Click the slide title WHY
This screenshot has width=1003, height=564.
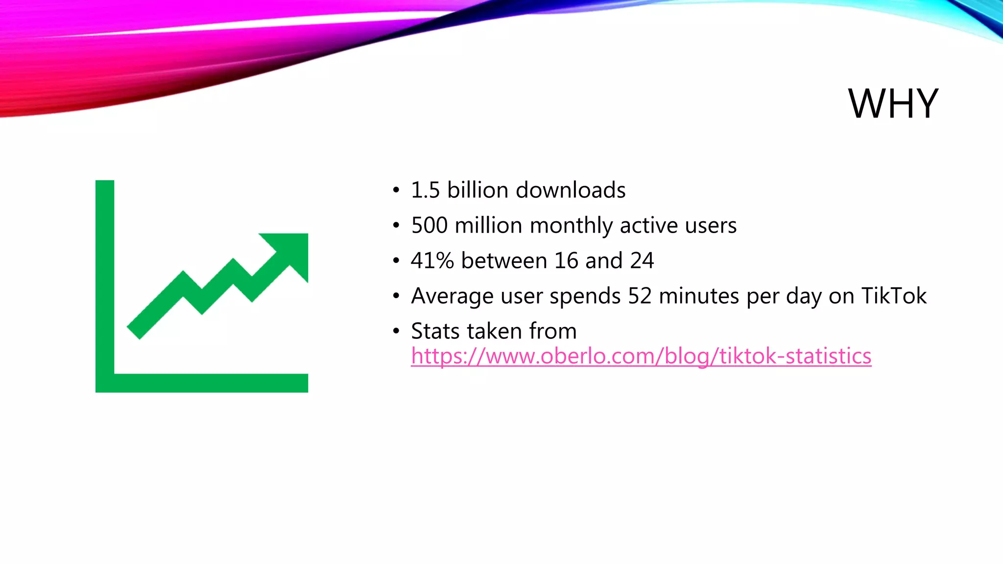click(x=893, y=104)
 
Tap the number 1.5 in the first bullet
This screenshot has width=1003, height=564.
click(x=425, y=190)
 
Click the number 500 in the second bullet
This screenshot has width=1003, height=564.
click(x=429, y=226)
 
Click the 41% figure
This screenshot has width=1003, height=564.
click(x=432, y=261)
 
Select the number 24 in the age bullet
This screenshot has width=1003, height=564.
click(x=642, y=261)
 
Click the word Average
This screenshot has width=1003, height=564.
click(x=452, y=297)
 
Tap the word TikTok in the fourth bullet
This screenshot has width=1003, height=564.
click(x=894, y=296)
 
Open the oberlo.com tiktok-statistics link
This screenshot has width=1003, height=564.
click(x=641, y=356)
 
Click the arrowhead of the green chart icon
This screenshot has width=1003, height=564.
click(x=289, y=252)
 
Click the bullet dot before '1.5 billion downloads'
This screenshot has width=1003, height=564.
click(x=396, y=191)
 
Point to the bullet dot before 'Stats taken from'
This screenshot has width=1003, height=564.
click(x=396, y=332)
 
